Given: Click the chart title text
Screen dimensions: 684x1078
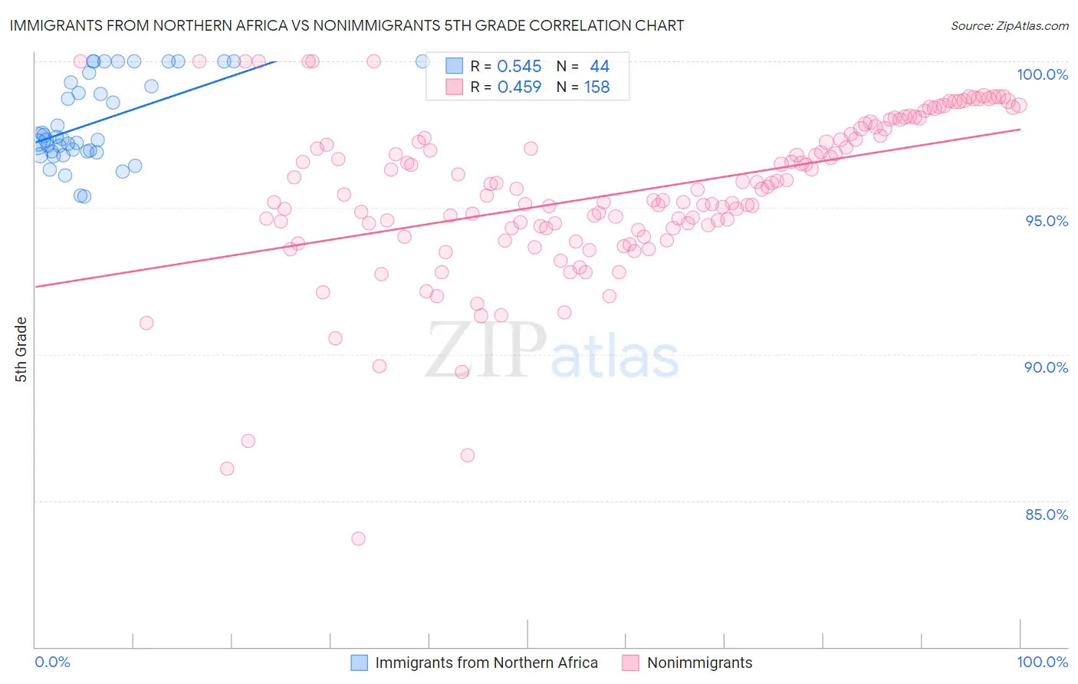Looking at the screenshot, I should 347,25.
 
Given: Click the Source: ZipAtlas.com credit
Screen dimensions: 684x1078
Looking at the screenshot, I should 1009,25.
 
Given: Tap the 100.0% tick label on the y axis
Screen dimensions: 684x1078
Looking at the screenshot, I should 1042,74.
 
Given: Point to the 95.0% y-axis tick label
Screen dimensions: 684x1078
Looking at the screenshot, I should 1046,221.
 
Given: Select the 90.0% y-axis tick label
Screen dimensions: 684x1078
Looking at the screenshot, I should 1046,367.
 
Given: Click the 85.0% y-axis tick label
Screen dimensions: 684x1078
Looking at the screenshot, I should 1046,515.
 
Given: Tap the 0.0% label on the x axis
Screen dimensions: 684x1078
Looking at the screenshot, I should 52,662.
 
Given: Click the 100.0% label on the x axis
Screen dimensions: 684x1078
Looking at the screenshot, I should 1042,662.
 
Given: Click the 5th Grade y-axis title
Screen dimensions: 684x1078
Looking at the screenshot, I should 21,350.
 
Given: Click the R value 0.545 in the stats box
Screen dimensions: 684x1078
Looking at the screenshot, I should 519,67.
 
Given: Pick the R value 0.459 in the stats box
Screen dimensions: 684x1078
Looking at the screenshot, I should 519,87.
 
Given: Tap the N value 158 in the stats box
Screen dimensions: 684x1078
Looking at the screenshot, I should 597,87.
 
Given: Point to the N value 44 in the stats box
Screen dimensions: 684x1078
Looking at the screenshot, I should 599,67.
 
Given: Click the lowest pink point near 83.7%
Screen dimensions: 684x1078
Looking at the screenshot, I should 358,539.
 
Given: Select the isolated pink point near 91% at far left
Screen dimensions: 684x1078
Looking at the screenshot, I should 146,323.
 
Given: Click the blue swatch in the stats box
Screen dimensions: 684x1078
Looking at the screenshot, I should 455,67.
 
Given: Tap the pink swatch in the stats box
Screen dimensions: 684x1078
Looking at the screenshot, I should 455,87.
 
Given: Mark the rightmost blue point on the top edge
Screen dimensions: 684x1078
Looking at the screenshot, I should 422,61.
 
